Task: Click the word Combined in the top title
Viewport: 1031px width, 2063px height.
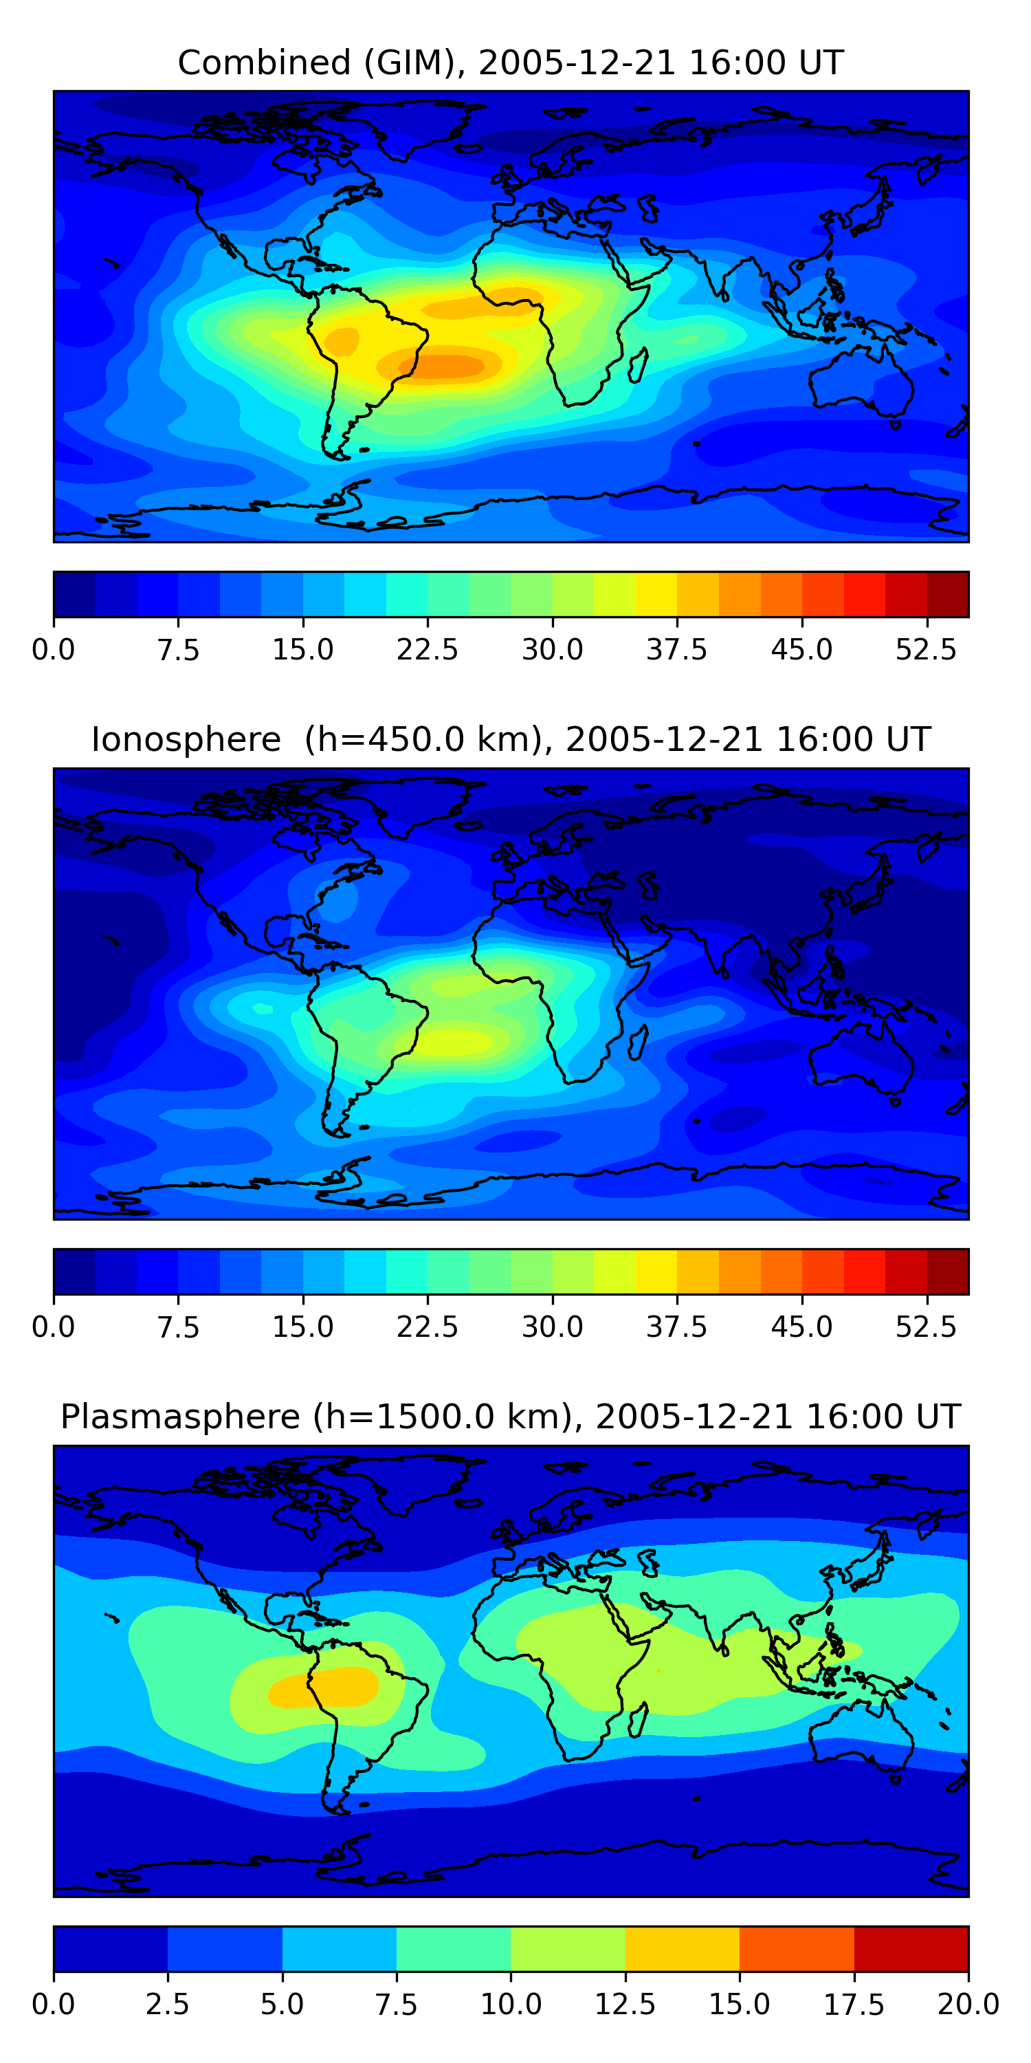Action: [x=264, y=63]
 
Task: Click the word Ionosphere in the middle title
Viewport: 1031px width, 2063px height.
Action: [x=186, y=739]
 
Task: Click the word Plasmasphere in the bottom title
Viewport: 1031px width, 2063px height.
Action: [x=180, y=1416]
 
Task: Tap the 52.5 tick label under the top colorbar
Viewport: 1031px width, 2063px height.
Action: [x=926, y=649]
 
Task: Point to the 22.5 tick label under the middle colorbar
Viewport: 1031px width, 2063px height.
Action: [x=428, y=1327]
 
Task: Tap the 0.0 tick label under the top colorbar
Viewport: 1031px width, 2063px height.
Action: [x=54, y=649]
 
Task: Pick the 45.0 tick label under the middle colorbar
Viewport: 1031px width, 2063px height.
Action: [x=801, y=1327]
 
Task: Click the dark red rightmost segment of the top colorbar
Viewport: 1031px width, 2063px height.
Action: [x=948, y=594]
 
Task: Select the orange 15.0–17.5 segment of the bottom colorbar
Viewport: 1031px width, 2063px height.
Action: [x=797, y=1948]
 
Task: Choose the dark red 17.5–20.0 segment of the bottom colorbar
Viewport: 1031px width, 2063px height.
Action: [x=911, y=1948]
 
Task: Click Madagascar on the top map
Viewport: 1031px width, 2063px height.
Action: [x=639, y=367]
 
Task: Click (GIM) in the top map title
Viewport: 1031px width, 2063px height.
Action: [x=410, y=63]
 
